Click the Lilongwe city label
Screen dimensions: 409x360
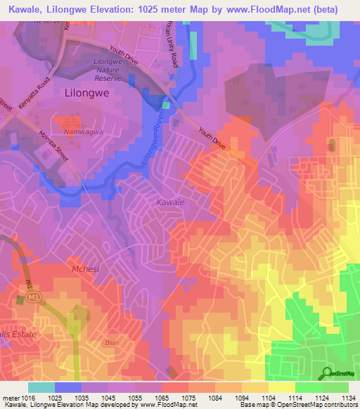[87, 92]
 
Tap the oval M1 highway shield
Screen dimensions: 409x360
[34, 298]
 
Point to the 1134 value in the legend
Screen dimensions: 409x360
[347, 398]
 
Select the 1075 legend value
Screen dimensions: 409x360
[188, 398]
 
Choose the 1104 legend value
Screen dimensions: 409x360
[268, 398]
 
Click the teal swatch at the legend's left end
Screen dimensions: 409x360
[41, 387]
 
